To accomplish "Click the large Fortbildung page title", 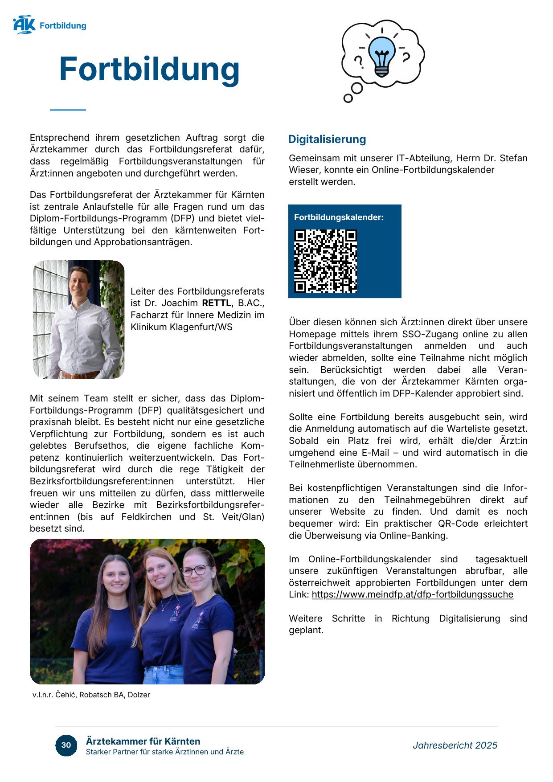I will [149, 69].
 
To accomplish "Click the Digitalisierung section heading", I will [327, 139].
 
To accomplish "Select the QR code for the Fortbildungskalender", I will [325, 261].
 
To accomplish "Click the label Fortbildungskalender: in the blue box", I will [339, 217].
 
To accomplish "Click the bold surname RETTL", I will [217, 303].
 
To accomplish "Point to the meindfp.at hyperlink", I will [412, 594].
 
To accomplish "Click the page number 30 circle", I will [66, 745].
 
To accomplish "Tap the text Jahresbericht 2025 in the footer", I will [455, 745].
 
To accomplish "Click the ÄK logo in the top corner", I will [24, 25].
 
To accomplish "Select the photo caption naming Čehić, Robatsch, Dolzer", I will [91, 695].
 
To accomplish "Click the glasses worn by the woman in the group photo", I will [196, 570].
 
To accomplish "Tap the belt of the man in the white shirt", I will [81, 374].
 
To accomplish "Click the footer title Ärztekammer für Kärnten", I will [143, 741].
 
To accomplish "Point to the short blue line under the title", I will [68, 110].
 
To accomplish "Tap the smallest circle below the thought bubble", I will [348, 98].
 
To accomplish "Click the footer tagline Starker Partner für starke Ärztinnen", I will [164, 752].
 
